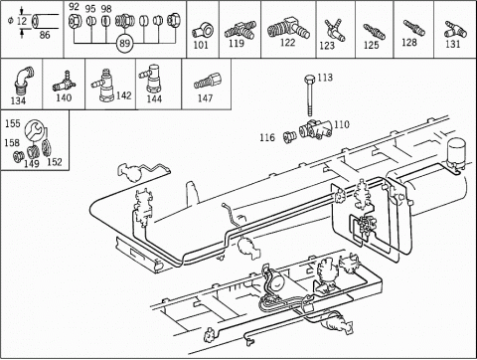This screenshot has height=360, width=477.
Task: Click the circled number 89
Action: pos(124,43)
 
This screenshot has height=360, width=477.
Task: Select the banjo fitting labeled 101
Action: pos(203,32)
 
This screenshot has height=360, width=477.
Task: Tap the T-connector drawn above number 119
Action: pos(239,30)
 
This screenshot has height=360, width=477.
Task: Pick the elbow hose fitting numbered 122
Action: pos(288,29)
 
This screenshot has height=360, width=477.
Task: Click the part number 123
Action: pos(327,46)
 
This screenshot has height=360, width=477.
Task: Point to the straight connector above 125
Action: pos(374,32)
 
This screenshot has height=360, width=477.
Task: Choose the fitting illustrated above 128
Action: pos(414,28)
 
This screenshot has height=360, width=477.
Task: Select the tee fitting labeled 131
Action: pos(455,30)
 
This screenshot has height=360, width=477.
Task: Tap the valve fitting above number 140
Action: pos(64,84)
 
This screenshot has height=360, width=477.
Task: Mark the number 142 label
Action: pos(124,95)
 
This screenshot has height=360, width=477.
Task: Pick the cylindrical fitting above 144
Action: pos(151,79)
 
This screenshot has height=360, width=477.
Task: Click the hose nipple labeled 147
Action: pos(208,81)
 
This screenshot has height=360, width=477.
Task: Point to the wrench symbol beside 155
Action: pos(34,130)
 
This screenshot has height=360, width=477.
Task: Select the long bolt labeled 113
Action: pos(309,95)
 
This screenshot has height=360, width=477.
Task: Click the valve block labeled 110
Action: pos(316,129)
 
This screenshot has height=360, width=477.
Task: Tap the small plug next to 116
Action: pos(289,137)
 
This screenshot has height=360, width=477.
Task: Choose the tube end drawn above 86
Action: pos(45,22)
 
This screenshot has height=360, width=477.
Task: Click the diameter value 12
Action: pos(22,21)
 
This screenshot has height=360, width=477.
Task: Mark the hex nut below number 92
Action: pos(74,22)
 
